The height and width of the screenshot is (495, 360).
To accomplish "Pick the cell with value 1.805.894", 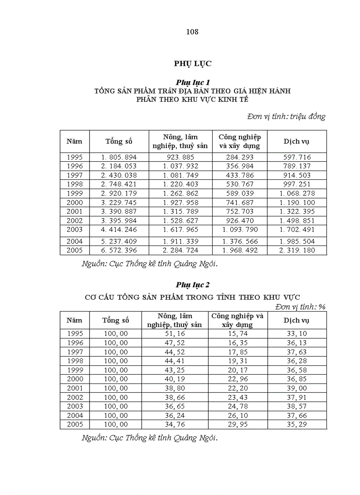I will click(x=119, y=157).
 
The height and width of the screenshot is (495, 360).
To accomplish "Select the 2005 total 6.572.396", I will click(x=119, y=250).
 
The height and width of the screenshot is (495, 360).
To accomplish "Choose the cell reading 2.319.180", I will click(x=296, y=250).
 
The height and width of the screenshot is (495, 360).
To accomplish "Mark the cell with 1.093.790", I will click(x=240, y=229).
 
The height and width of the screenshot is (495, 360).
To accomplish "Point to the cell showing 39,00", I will click(x=296, y=388).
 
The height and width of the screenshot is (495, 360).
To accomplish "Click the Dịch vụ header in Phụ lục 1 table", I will click(x=296, y=141).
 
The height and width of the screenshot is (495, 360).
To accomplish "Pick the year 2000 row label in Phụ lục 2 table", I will click(x=75, y=379).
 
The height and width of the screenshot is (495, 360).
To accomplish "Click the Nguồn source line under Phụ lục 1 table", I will click(x=150, y=264).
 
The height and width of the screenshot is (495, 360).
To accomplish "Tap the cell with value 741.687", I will click(x=240, y=202).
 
